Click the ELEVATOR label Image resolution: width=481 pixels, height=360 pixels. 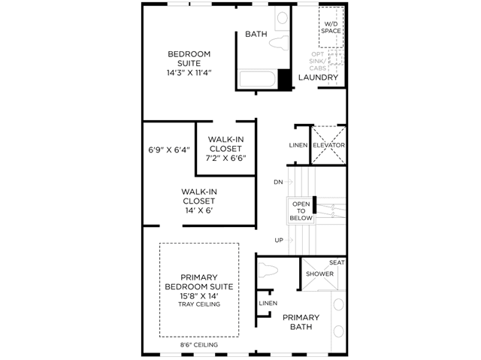pyautogui.click(x=328, y=145)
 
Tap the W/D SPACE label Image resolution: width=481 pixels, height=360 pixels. pyautogui.click(x=331, y=27)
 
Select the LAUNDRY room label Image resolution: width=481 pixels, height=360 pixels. pyautogui.click(x=318, y=77)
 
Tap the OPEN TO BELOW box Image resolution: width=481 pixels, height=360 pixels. pyautogui.click(x=301, y=211)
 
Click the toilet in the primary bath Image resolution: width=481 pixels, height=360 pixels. pyautogui.click(x=268, y=271)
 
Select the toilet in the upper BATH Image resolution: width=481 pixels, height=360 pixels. pyautogui.click(x=279, y=42)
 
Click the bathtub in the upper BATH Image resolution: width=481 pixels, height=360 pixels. pyautogui.click(x=257, y=79)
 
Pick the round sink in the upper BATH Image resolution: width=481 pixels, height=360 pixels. pyautogui.click(x=283, y=18)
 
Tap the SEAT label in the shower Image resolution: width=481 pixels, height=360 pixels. pyautogui.click(x=337, y=262)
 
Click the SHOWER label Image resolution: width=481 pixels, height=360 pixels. pyautogui.click(x=319, y=274)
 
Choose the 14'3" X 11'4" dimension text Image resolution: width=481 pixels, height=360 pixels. pyautogui.click(x=189, y=73)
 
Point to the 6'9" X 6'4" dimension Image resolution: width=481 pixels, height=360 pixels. pyautogui.click(x=169, y=150)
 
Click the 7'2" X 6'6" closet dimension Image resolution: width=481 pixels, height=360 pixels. pyautogui.click(x=225, y=158)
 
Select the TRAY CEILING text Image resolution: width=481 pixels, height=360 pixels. pyautogui.click(x=199, y=304)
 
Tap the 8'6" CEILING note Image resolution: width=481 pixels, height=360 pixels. pyautogui.click(x=199, y=345)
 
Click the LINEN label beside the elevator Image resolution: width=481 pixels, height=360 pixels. pyautogui.click(x=298, y=145)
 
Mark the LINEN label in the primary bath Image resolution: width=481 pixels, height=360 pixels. pyautogui.click(x=268, y=303)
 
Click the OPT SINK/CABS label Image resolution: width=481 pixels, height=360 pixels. pyautogui.click(x=317, y=62)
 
